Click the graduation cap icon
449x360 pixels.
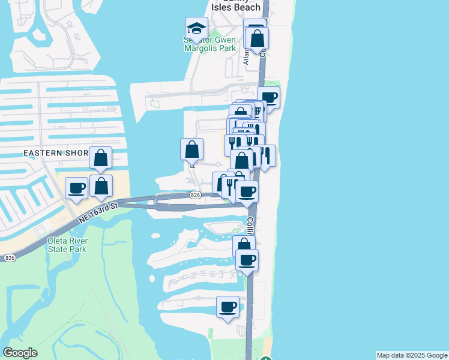pos(196,28)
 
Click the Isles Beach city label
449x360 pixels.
pos(236,7)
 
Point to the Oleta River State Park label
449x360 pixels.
pos(68,245)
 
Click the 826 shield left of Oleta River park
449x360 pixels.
pos(9,257)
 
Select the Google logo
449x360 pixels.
pos(20,353)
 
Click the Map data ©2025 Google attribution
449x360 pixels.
pos(412,355)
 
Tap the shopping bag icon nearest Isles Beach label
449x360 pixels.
pos(257,38)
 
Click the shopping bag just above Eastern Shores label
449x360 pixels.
pos(101,157)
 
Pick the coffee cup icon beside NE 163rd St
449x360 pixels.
pos(76,188)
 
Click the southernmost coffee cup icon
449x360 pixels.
pos(228,307)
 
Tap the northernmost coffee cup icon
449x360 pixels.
pos(269,97)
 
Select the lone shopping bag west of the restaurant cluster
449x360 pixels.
pos(191,149)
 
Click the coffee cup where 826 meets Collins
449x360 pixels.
pos(247,191)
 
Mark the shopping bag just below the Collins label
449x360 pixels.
pos(244,245)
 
